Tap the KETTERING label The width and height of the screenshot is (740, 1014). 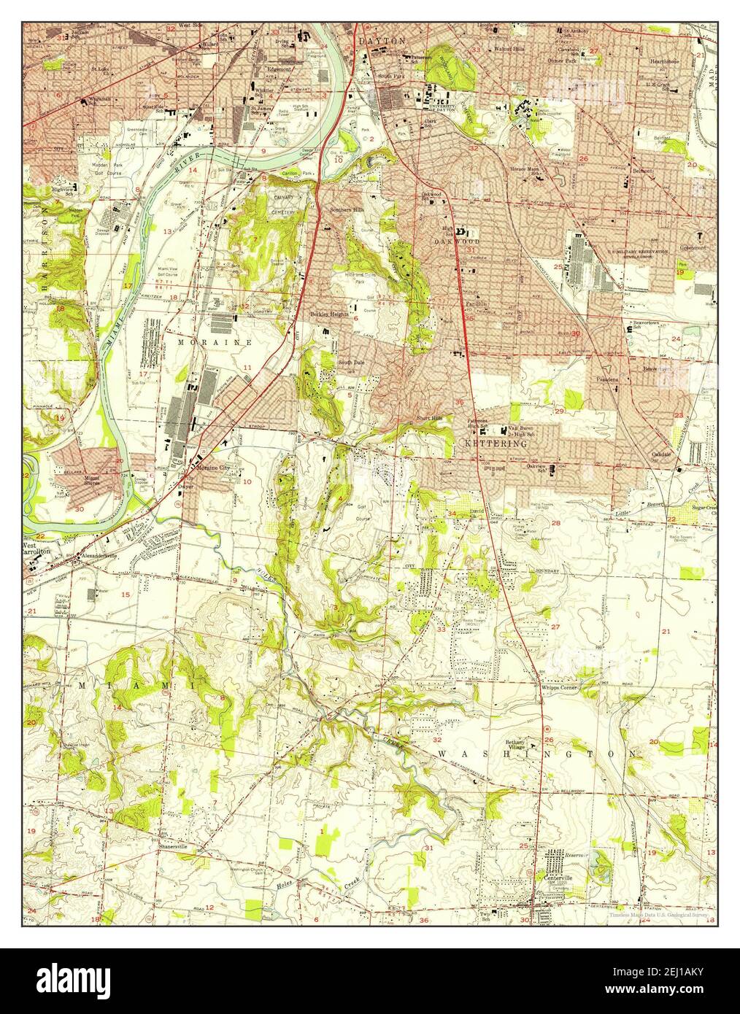[496, 443]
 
